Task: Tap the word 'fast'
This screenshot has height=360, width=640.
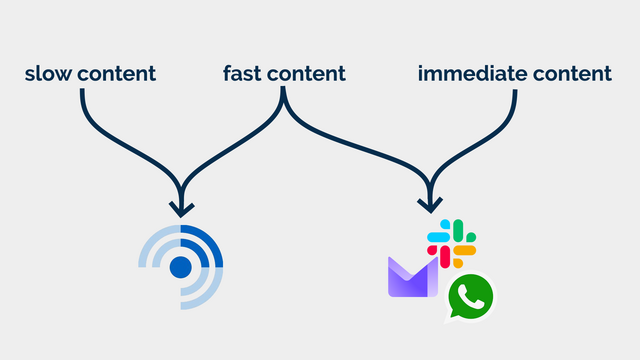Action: tap(242, 73)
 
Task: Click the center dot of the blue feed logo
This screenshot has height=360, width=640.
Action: tap(180, 266)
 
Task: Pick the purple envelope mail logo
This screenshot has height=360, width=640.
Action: tap(411, 278)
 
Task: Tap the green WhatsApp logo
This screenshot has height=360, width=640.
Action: tap(470, 297)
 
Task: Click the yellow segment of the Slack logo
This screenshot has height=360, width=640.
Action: tap(465, 250)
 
